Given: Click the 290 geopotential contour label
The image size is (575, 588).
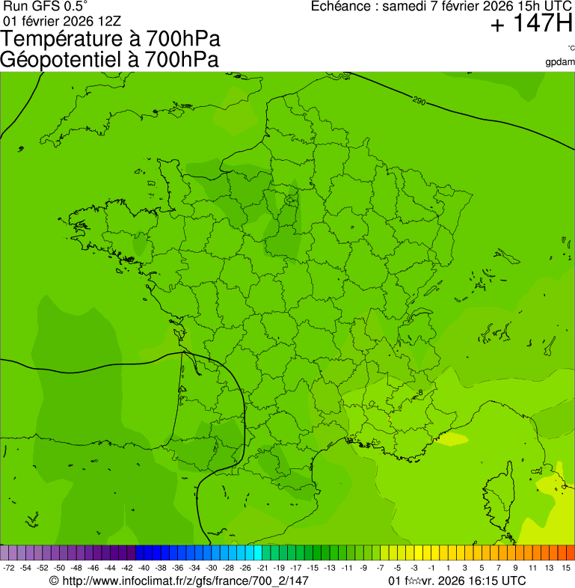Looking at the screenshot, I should (x=419, y=100).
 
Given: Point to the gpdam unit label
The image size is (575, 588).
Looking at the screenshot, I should (x=560, y=61).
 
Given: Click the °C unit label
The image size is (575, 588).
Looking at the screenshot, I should (x=570, y=49).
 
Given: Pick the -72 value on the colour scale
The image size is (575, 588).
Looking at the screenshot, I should (x=9, y=569).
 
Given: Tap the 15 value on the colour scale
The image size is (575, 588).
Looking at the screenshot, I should (x=566, y=569).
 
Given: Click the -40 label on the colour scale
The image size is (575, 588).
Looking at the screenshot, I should (x=144, y=569).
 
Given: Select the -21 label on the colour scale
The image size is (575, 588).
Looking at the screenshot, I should (x=262, y=569).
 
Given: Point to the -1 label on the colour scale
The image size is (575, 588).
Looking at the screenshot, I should (x=431, y=569).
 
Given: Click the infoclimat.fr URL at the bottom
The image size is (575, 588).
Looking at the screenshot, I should (x=185, y=581).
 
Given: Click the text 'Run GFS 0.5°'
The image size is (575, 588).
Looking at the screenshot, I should (x=45, y=6).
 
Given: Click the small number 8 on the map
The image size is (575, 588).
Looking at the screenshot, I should (x=420, y=392).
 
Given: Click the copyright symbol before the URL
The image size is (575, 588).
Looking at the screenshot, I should (x=54, y=581).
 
